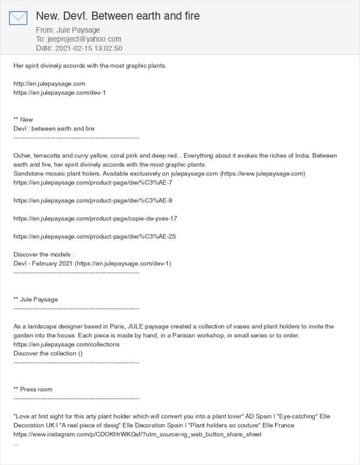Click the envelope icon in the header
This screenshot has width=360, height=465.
18,18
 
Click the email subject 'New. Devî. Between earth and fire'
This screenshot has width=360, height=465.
117,15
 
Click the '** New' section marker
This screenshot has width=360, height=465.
23,119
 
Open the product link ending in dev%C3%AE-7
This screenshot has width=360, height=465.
93,182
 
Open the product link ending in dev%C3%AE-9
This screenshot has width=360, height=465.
93,200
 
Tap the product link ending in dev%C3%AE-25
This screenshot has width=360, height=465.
94,236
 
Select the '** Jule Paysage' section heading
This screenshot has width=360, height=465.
35,299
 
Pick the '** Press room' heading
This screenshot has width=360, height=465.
33,389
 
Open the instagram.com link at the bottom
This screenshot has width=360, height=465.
137,434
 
